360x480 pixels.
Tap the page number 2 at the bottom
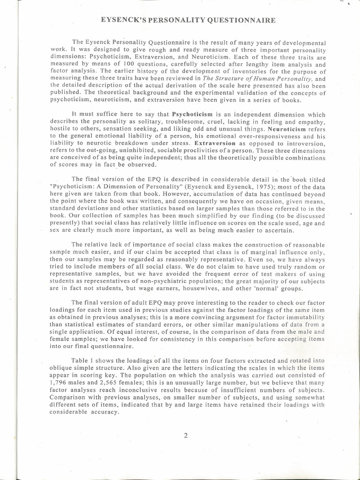tap(186, 435)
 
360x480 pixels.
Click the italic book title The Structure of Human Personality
tap(259, 79)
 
